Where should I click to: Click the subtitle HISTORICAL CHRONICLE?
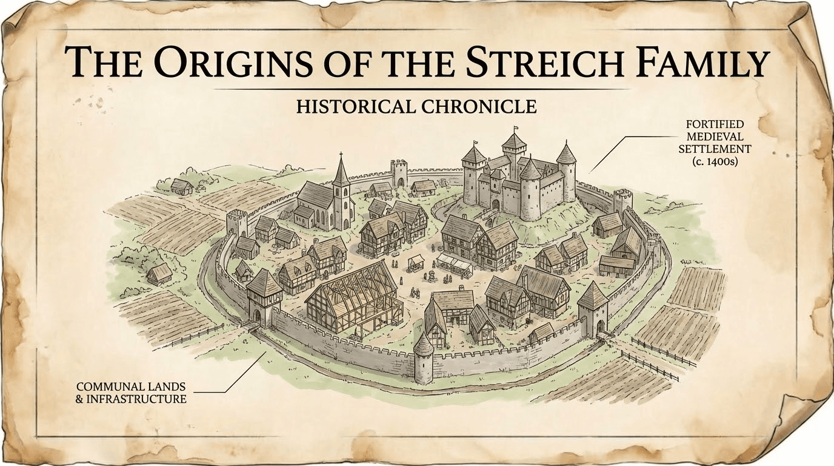coord(416,107)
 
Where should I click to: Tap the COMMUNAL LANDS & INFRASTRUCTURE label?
coord(131,393)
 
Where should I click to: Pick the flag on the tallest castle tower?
coord(516,129)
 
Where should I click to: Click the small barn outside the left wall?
coord(159,274)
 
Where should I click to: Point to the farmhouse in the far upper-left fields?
coord(181,186)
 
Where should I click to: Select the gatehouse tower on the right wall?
coord(593,309)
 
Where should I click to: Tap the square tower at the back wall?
coord(399,173)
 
